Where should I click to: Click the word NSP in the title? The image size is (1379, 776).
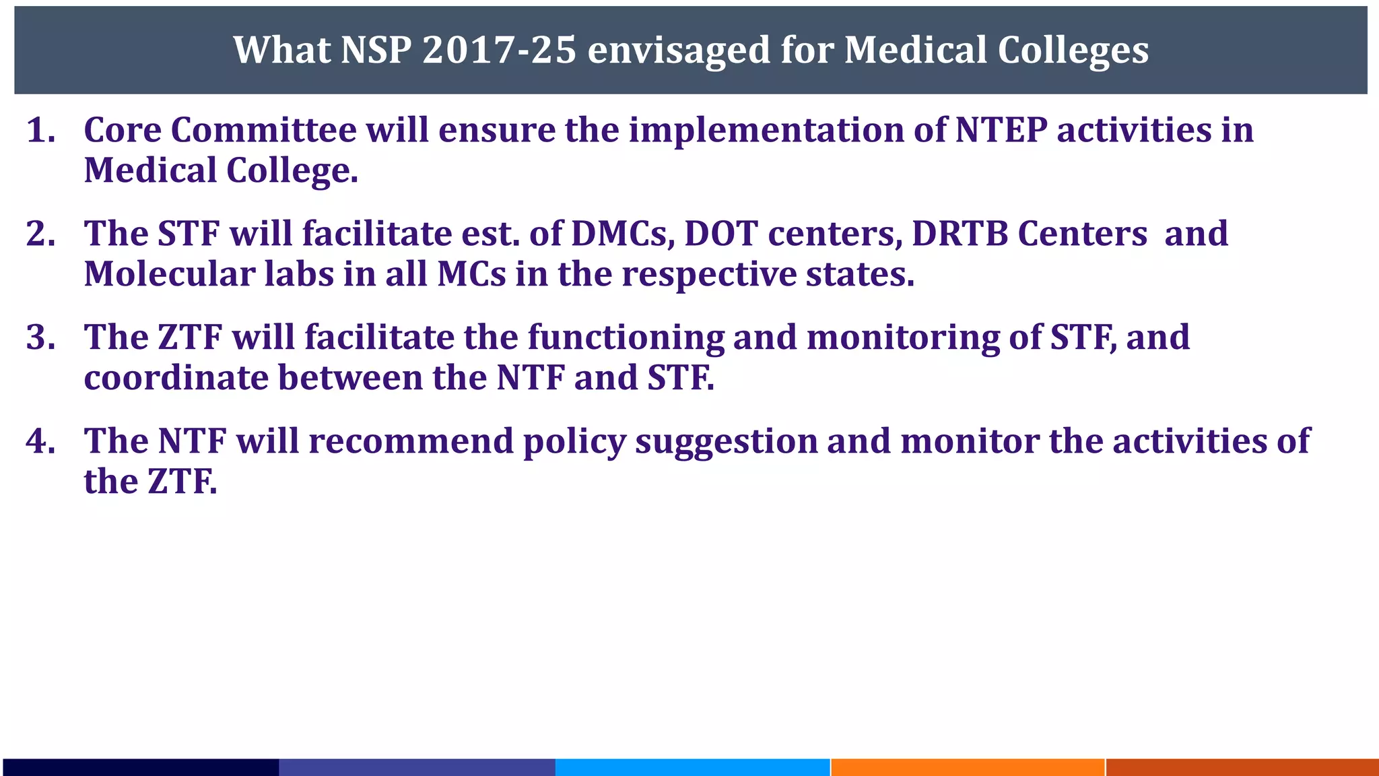376,50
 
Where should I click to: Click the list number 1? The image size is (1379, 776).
40,129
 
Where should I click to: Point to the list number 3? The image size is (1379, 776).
40,337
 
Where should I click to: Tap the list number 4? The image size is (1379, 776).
40,441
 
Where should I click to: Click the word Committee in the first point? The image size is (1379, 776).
263,129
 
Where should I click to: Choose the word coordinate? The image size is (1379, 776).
176,377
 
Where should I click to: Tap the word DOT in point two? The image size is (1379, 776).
721,233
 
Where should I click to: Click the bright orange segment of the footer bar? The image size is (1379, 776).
968,767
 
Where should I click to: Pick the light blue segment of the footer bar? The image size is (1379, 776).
692,767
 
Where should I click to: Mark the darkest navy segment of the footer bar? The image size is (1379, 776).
140,767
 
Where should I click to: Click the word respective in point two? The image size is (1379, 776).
708,275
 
